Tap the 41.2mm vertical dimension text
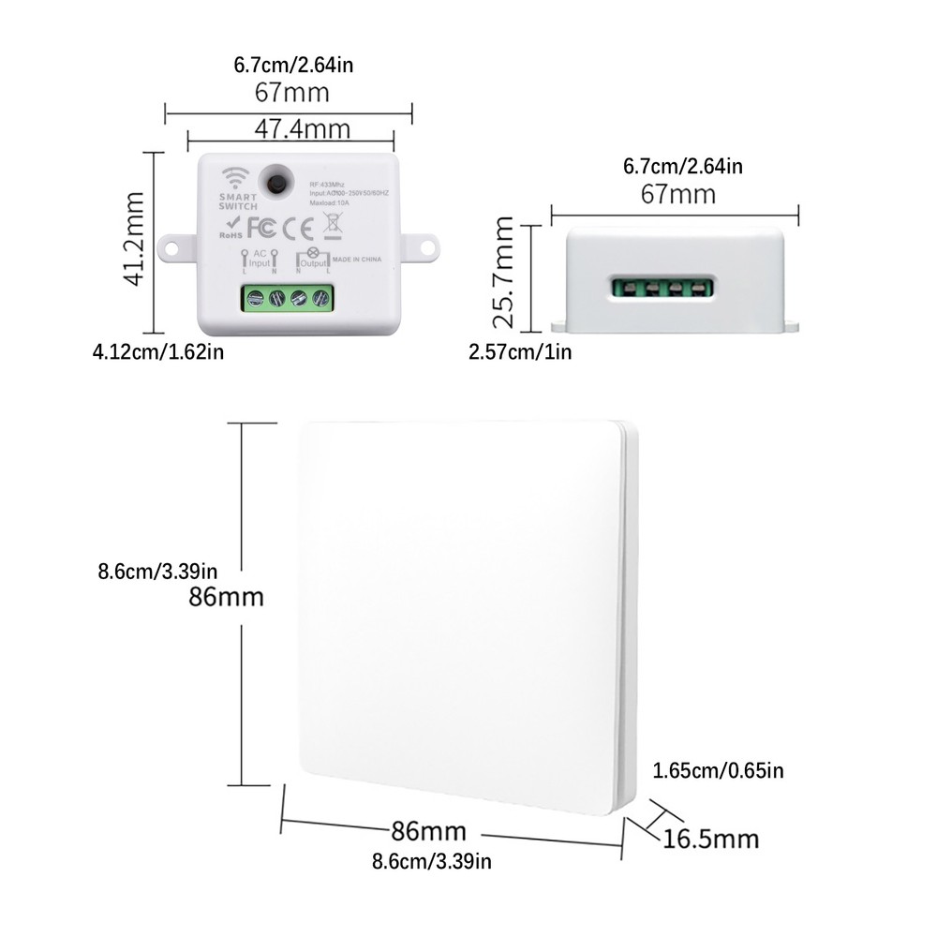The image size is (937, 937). click(135, 240)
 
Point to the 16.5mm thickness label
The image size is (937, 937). click(710, 837)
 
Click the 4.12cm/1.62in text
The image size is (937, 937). click(157, 351)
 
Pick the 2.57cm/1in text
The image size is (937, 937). click(520, 351)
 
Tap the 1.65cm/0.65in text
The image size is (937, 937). click(718, 771)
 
